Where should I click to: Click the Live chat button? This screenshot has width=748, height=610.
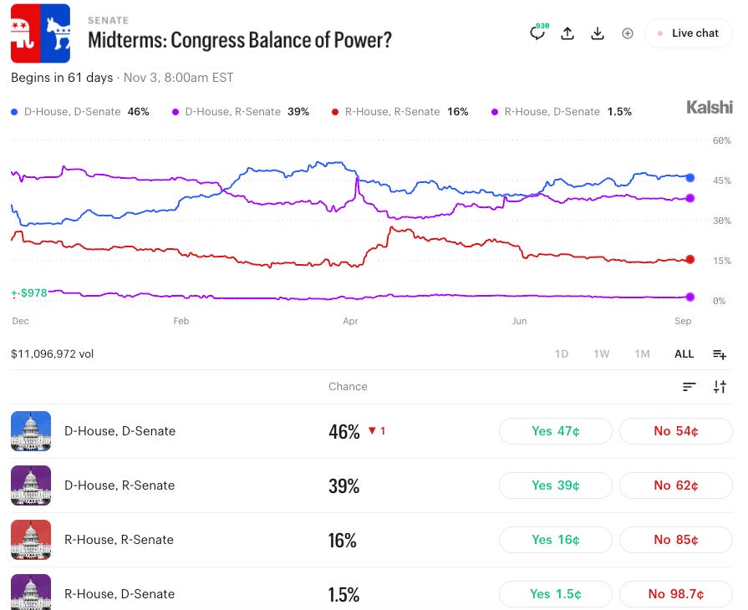click(x=688, y=33)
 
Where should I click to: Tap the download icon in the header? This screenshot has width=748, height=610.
click(x=598, y=33)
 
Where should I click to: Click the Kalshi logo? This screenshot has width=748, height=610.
click(x=710, y=107)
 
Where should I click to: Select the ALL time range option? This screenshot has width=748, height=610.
click(x=684, y=354)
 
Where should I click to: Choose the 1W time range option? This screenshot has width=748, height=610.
click(x=601, y=354)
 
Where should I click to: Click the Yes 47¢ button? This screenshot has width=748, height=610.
click(x=555, y=431)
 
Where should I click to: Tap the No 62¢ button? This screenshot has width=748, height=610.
click(x=675, y=485)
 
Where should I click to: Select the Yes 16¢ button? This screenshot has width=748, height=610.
click(x=555, y=540)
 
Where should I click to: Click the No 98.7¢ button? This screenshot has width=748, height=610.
click(x=675, y=594)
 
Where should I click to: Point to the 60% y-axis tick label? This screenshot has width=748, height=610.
click(x=722, y=140)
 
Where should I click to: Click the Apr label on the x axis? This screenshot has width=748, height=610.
click(x=350, y=321)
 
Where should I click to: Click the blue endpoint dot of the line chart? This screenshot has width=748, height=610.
click(x=689, y=178)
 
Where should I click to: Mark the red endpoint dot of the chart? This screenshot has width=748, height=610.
click(x=689, y=259)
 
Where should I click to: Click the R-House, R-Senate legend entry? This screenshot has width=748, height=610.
click(x=399, y=112)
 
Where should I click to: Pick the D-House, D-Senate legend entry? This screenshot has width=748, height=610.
click(x=79, y=112)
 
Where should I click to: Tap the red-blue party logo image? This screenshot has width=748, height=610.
click(x=41, y=33)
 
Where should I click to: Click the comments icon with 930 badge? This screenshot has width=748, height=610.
click(x=538, y=33)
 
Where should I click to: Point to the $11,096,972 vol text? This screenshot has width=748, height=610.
click(x=52, y=354)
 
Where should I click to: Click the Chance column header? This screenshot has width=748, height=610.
click(x=348, y=386)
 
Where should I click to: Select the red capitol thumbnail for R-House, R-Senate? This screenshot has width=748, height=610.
click(x=31, y=540)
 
